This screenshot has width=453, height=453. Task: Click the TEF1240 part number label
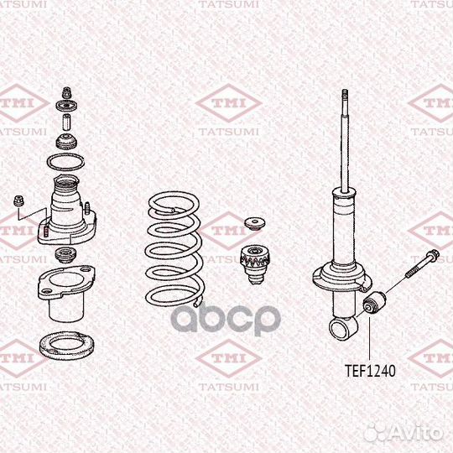(x=370, y=368)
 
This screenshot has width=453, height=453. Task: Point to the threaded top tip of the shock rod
(x=343, y=96)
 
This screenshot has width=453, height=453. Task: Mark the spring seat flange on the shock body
(x=342, y=276)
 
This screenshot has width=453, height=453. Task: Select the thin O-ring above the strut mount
(x=65, y=161)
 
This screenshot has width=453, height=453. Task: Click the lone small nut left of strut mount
(x=20, y=200)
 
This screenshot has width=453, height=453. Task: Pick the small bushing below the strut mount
(x=65, y=253)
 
